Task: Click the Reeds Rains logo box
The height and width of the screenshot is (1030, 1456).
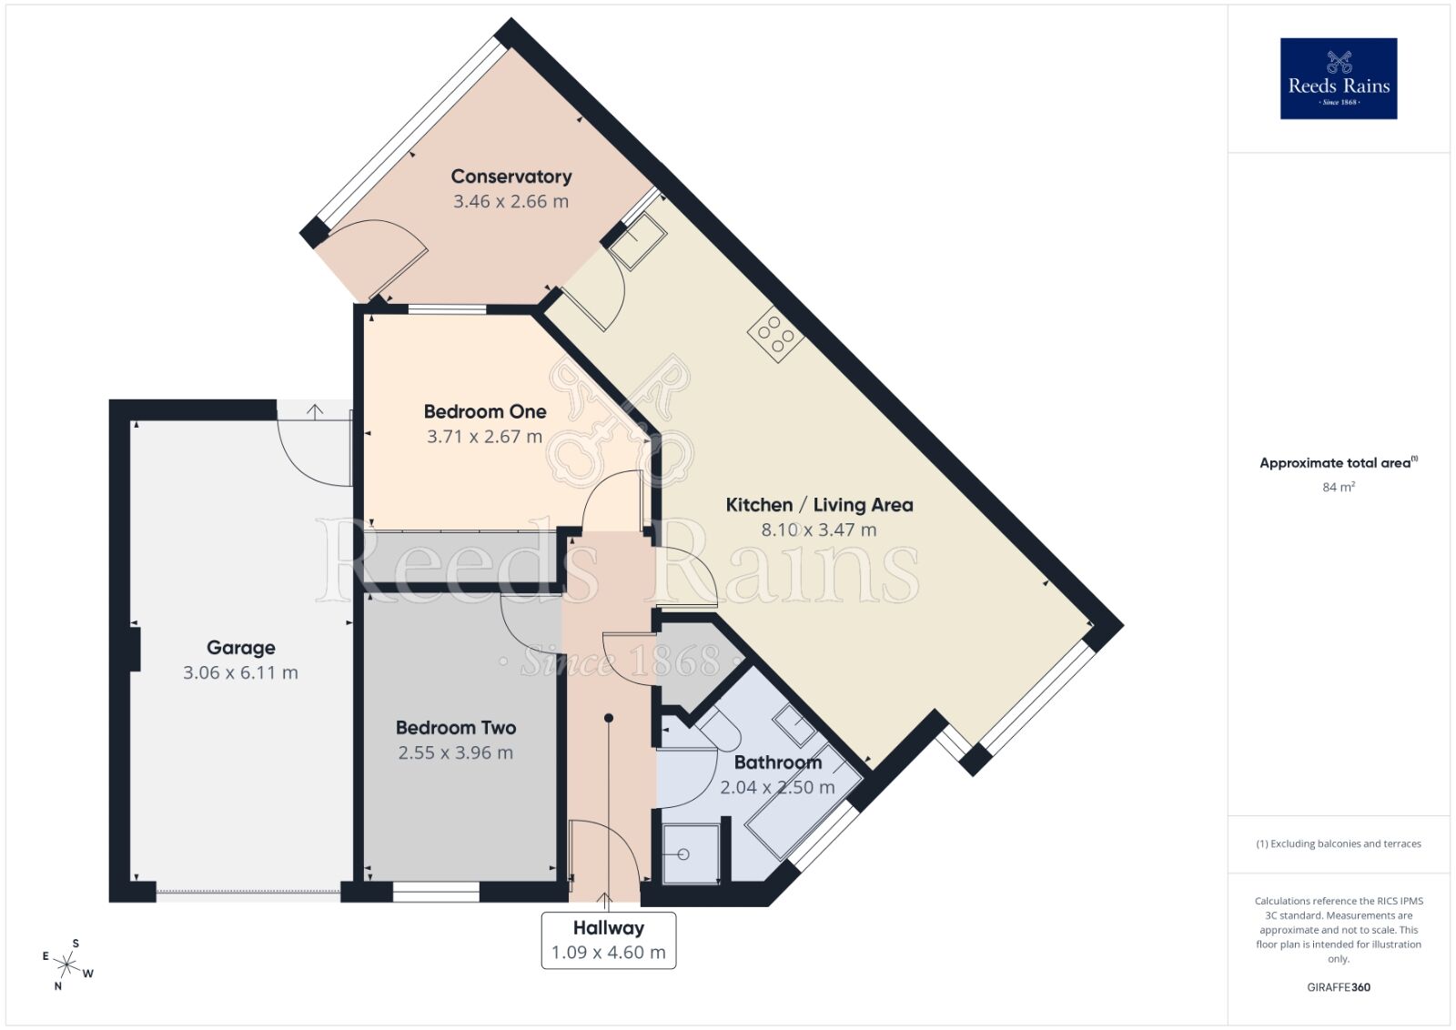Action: pyautogui.click(x=1338, y=78)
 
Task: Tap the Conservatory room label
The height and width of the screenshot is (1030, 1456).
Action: pyautogui.click(x=511, y=177)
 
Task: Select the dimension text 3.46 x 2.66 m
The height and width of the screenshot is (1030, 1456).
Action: pyautogui.click(x=511, y=202)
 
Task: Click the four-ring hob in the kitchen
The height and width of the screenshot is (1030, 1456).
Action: pyautogui.click(x=775, y=334)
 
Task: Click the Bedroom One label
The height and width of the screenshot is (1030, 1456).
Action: pyautogui.click(x=485, y=411)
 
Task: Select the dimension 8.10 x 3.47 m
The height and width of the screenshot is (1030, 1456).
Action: pyautogui.click(x=818, y=530)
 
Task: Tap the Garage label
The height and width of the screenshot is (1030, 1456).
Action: pyautogui.click(x=240, y=648)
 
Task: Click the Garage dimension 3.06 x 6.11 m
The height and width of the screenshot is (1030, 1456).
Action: pyautogui.click(x=240, y=673)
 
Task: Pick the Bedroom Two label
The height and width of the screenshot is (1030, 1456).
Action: pyautogui.click(x=455, y=728)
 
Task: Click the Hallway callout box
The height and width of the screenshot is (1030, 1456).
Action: pyautogui.click(x=608, y=940)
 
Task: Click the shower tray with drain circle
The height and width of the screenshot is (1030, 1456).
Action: pyautogui.click(x=689, y=853)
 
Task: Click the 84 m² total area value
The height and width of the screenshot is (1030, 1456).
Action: pyautogui.click(x=1338, y=488)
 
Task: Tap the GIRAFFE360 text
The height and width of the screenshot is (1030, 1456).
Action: pyautogui.click(x=1338, y=987)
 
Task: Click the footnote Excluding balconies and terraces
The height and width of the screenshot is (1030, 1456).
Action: pyautogui.click(x=1338, y=844)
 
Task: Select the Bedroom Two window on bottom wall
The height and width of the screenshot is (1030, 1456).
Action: pyautogui.click(x=436, y=893)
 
